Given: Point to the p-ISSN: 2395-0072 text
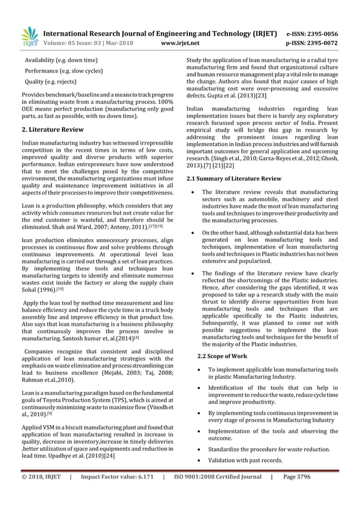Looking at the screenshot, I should click(x=321, y=42).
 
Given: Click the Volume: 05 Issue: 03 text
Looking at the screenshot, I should click(x=84, y=42).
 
